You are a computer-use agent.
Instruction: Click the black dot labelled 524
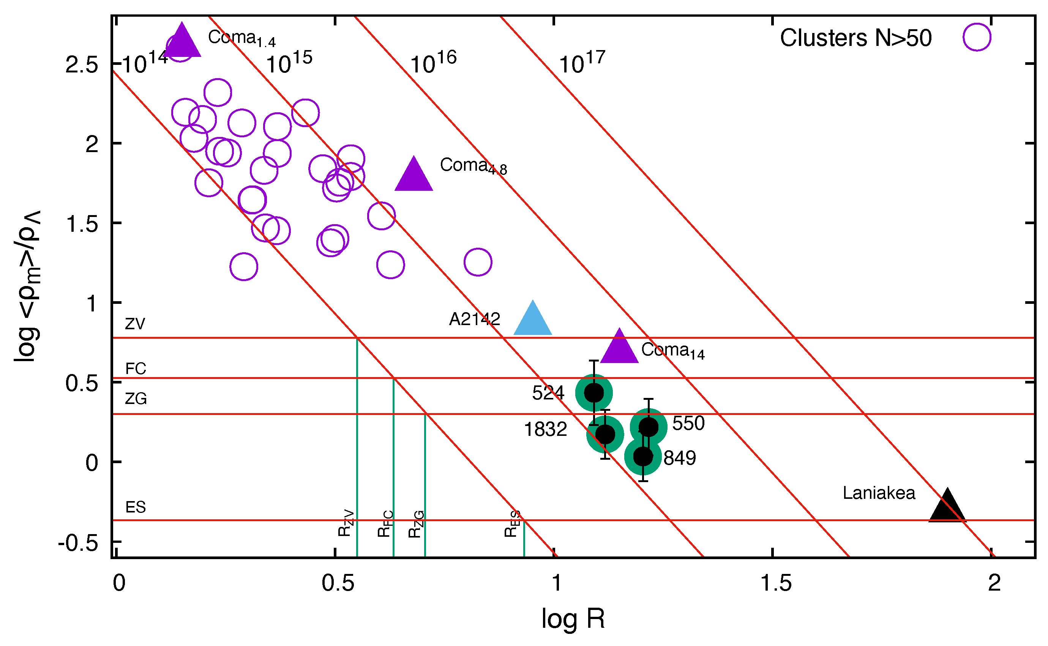tap(593, 393)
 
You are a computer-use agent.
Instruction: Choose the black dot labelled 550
tap(649, 426)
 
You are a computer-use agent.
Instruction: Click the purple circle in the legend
tap(977, 37)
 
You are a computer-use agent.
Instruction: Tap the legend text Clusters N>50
tap(855, 38)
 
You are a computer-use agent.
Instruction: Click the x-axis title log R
tap(573, 619)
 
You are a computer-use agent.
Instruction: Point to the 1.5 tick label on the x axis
tap(776, 583)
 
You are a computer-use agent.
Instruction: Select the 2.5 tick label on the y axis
tap(82, 65)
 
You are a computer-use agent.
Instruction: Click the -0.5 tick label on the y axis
tap(78, 544)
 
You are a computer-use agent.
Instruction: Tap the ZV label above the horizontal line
tap(135, 324)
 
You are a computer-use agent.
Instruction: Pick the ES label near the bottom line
tap(136, 507)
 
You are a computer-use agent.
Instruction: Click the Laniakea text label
tap(879, 493)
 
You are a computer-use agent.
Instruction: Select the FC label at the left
tap(136, 368)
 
